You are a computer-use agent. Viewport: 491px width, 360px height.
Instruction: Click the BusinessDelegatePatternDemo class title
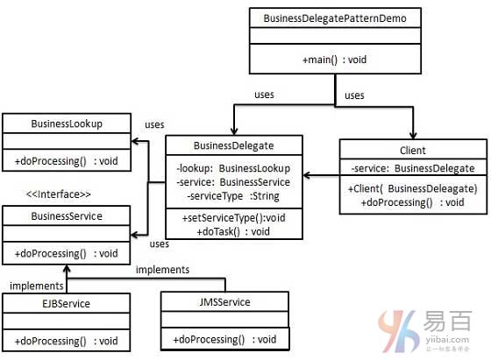tap(335, 18)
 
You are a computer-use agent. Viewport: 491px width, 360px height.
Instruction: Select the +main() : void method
tap(334, 60)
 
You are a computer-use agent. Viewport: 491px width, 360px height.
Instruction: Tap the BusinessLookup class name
tap(67, 124)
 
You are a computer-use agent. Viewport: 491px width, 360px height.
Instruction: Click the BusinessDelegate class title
tap(233, 145)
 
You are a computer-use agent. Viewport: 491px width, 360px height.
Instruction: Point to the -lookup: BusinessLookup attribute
tap(233, 168)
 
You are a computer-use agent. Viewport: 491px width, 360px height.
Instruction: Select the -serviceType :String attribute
tap(233, 196)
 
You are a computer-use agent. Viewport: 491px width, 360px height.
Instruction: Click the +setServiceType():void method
tap(233, 218)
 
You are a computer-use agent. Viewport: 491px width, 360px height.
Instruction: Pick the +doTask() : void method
tap(233, 231)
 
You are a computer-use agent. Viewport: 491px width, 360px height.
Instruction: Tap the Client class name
tap(413, 151)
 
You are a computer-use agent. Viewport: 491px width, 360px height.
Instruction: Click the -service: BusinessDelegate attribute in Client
tap(413, 168)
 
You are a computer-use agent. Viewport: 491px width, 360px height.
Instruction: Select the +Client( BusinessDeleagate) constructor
tap(413, 188)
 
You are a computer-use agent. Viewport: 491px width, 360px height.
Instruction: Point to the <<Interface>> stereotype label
tap(59, 194)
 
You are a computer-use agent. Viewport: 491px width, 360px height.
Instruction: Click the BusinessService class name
tap(67, 216)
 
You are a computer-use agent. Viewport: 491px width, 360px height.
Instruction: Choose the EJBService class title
tap(66, 303)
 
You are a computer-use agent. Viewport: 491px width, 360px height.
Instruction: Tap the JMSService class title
tap(224, 302)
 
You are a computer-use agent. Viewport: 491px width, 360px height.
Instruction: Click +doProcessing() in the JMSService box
tap(209, 339)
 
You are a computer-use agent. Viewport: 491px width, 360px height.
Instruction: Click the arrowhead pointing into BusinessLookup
tap(135, 141)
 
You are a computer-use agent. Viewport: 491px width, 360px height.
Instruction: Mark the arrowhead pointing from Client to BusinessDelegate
tap(307, 175)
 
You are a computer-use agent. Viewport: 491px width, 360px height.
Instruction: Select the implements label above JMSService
tap(162, 270)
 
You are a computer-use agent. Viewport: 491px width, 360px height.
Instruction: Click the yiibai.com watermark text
tap(447, 339)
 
